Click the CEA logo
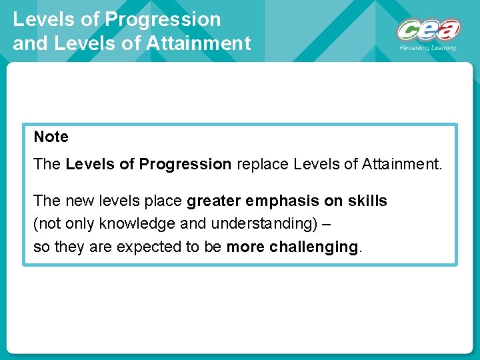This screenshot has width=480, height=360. pos(428,31)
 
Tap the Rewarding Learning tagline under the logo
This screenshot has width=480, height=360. pos(428,48)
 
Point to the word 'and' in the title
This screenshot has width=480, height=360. pos(27,44)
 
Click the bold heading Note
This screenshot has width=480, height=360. pos(51,137)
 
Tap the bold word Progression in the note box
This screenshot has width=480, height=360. pos(187,165)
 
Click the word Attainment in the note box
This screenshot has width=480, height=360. pos(401,165)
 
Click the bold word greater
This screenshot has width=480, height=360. pos(214,201)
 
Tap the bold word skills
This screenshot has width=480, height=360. pos(365,201)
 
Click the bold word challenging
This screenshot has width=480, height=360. pos(314,247)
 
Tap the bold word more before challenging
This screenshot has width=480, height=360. pos(245,247)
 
